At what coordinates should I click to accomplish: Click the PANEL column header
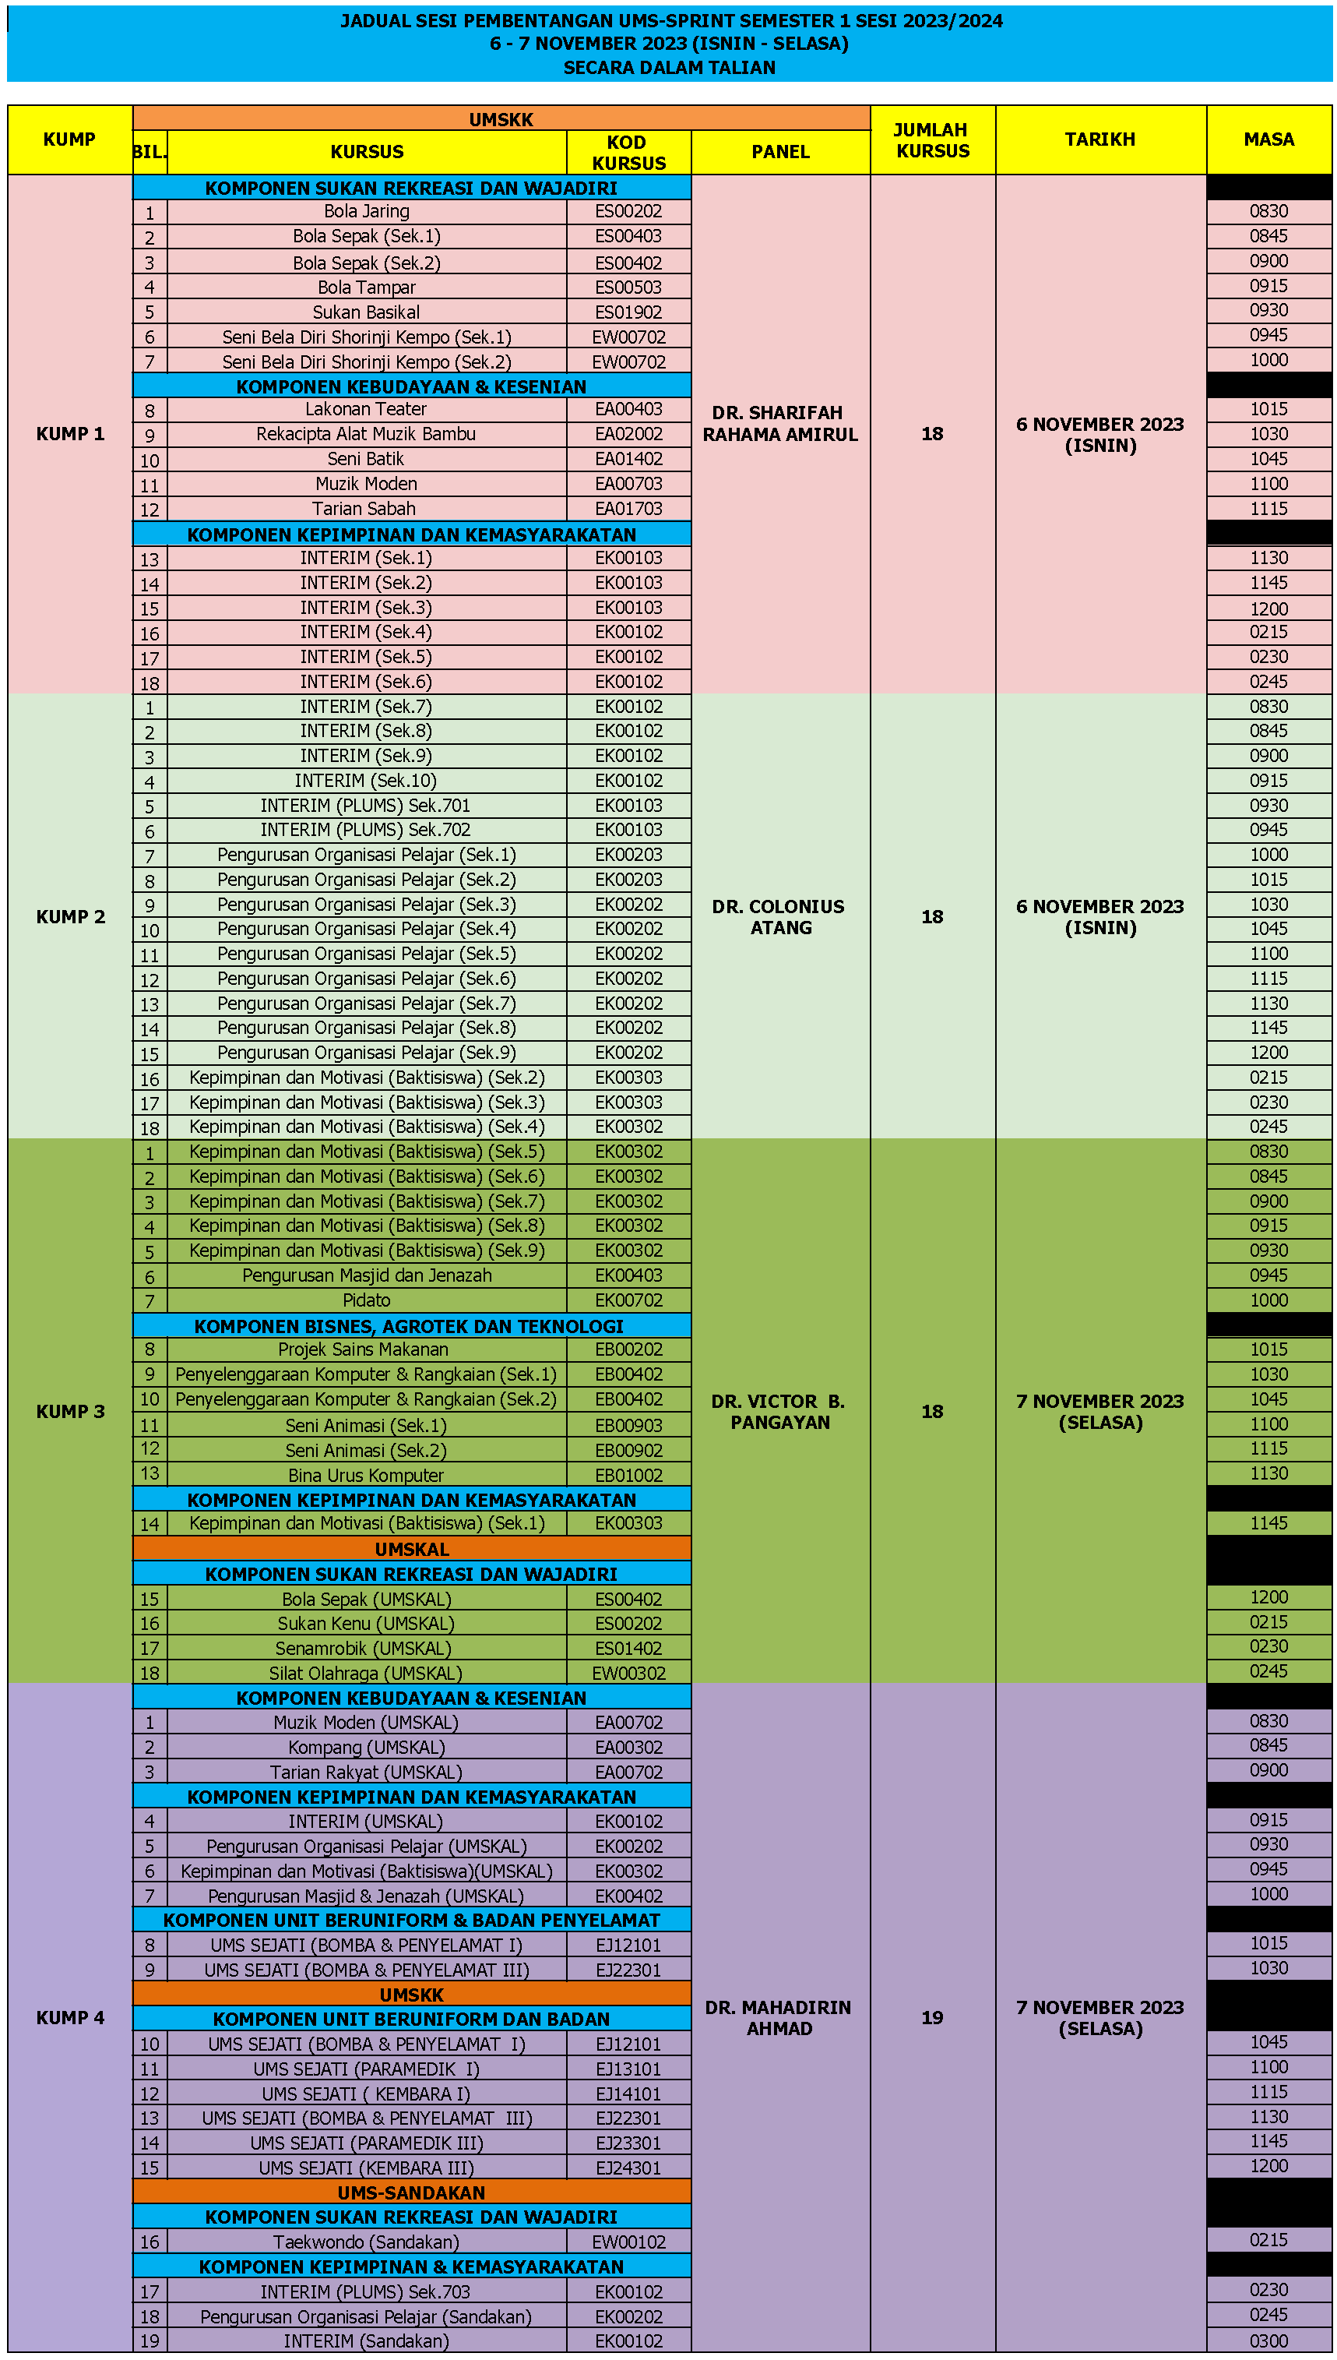click(780, 152)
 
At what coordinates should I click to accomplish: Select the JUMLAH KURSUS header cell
click(932, 139)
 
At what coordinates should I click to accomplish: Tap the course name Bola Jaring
click(367, 211)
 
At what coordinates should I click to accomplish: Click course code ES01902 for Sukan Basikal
click(628, 312)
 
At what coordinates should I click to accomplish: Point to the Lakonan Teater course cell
click(367, 409)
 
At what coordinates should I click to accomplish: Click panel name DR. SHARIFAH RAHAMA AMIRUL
click(780, 424)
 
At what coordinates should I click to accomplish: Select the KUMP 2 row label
click(71, 917)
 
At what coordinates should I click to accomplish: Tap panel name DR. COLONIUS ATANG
click(779, 917)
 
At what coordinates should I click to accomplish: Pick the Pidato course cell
click(367, 1300)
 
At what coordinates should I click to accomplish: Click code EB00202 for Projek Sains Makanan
click(628, 1349)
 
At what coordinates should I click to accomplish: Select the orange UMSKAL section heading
click(411, 1549)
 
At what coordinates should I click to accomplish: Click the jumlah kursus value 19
click(932, 2017)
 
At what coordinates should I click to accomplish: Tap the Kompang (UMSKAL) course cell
click(367, 1748)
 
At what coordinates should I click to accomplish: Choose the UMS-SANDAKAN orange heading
click(411, 2192)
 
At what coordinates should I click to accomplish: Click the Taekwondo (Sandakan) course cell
click(367, 2242)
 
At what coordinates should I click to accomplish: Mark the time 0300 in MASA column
click(1268, 2341)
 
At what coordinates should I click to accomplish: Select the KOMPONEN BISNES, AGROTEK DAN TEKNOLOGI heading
click(409, 1325)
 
